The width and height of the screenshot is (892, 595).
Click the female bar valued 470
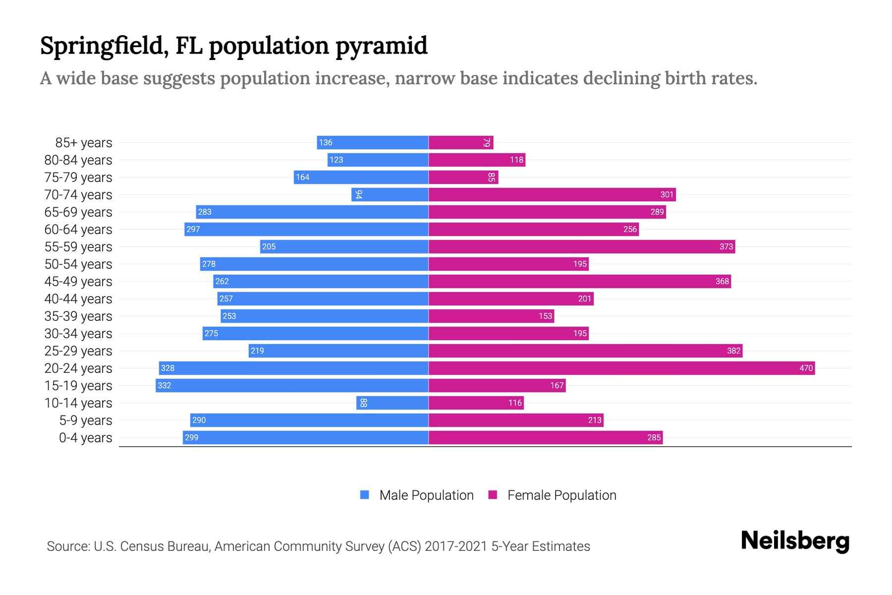(621, 368)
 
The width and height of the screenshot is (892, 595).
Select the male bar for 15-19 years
(292, 385)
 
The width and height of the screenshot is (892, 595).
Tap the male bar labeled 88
(392, 403)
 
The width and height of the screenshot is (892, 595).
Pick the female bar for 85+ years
(461, 142)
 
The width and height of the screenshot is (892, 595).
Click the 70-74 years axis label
(78, 195)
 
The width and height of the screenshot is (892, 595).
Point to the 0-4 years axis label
(85, 438)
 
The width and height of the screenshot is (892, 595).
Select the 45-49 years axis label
(78, 282)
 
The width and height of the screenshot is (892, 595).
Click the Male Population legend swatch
(365, 495)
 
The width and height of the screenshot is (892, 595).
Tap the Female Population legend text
(561, 495)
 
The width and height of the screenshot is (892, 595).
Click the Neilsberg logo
(795, 541)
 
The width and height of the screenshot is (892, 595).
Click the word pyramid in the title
(381, 46)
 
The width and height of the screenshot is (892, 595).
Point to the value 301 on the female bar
(667, 194)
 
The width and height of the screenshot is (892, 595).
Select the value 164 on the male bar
(302, 177)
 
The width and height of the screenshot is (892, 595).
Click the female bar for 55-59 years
(582, 246)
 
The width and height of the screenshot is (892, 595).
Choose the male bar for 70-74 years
(390, 194)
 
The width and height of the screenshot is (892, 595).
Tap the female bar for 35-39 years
(491, 316)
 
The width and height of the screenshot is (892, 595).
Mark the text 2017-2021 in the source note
(455, 546)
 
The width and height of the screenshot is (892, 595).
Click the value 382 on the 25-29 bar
(733, 351)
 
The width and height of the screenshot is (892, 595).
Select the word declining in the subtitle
(621, 78)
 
